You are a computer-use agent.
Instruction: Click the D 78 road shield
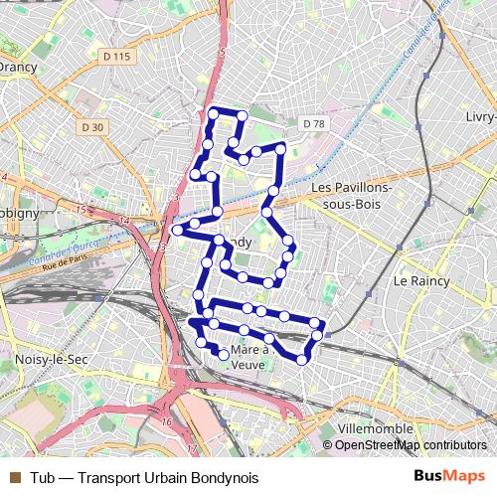pyautogui.click(x=312, y=123)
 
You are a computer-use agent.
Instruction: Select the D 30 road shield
pyautogui.click(x=92, y=127)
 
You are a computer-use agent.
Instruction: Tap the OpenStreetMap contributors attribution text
pyautogui.click(x=410, y=445)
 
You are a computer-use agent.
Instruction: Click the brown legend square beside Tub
pyautogui.click(x=14, y=478)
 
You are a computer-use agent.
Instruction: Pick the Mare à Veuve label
pyautogui.click(x=249, y=358)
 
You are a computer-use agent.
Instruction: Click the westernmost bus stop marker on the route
pyautogui.click(x=177, y=230)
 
